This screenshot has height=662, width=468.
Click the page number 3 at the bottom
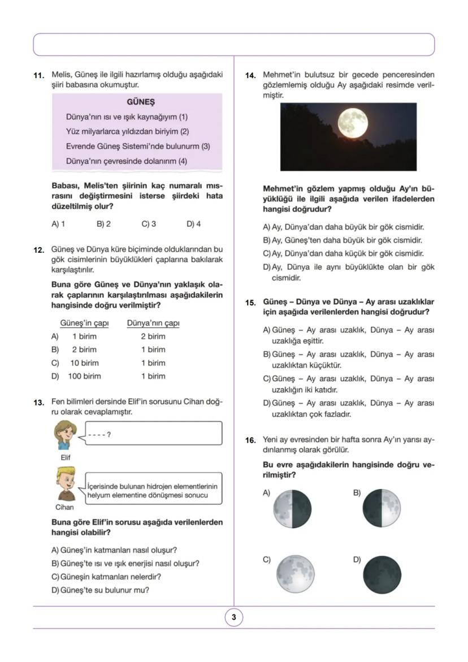pos(233,617)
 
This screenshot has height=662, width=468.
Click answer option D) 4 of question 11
pos(193,224)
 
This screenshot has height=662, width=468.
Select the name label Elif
pos(66,457)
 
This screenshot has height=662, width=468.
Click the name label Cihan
pos(65,507)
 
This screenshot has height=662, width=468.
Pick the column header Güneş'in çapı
pos(84,323)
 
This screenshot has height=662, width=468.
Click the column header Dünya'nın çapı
pos(153,323)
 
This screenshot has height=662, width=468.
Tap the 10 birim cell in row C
pos(84,363)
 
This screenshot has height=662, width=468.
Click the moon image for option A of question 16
pos(292,509)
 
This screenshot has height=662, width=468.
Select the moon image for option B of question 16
pos(382,509)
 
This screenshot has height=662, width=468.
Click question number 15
pos(251,303)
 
